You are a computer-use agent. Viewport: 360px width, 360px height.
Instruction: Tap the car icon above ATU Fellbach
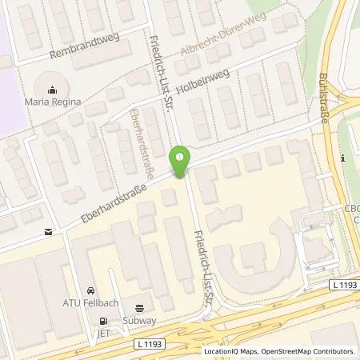coord(90,290)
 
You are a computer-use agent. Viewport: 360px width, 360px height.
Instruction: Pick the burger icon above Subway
coord(142,306)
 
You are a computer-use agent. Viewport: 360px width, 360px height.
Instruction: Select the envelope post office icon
coord(50,232)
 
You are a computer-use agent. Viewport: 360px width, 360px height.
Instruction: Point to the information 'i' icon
coord(342,158)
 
